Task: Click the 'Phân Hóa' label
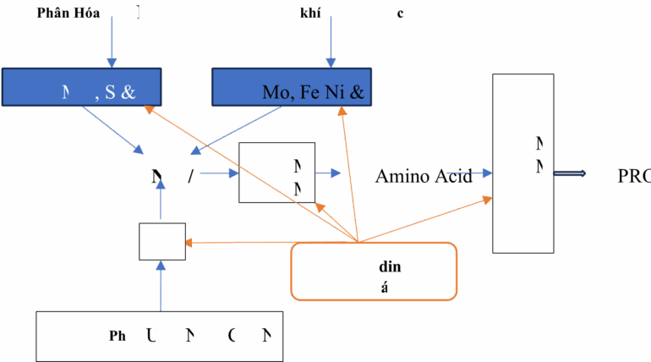coord(63,14)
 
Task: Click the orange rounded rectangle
coord(374,271)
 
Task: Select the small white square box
coord(162,242)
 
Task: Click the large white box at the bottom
coord(159,336)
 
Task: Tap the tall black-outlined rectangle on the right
coord(523,162)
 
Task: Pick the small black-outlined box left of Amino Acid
coord(277,173)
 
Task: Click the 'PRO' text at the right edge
coord(633,176)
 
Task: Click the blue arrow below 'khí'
coord(331,39)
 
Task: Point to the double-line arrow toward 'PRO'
coord(569,173)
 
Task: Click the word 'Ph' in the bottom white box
coord(118,335)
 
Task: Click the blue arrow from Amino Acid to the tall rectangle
coord(478,173)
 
